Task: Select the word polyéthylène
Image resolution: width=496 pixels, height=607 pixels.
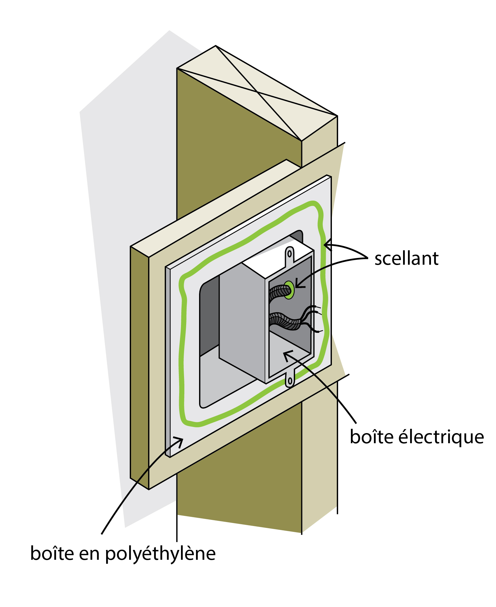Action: (160, 554)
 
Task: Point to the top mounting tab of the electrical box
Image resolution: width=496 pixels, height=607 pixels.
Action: (289, 254)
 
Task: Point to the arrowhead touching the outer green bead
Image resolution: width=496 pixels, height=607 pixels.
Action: (327, 245)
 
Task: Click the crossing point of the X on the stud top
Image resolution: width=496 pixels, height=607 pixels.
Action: (258, 92)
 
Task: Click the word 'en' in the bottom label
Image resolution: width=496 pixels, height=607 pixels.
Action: (89, 554)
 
